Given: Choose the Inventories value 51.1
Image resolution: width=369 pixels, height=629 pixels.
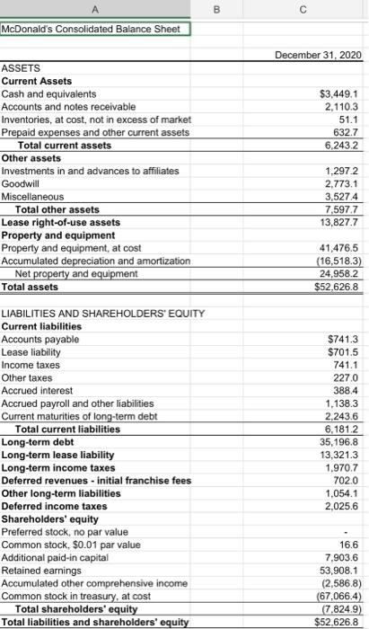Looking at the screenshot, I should tap(348, 120).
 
